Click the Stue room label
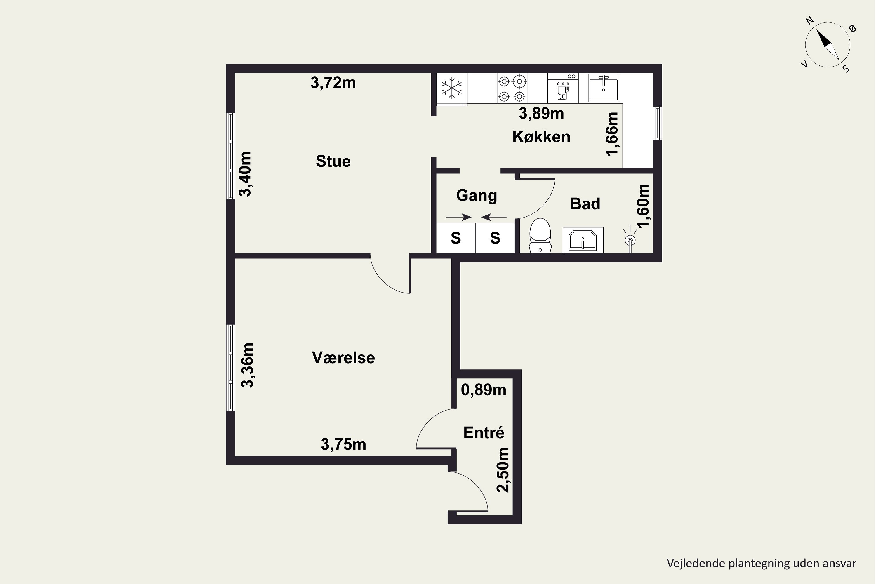[333, 161]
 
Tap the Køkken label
[542, 137]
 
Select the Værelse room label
[343, 357]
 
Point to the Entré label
[484, 432]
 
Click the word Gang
[477, 196]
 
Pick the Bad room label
[585, 204]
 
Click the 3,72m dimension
[333, 83]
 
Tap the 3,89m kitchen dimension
[542, 114]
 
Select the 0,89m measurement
[484, 390]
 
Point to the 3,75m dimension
[343, 444]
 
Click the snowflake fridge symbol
[452, 88]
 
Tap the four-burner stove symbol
[512, 88]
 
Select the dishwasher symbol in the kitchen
[563, 88]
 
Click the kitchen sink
[603, 88]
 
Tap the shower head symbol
[630, 239]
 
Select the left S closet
[456, 238]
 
